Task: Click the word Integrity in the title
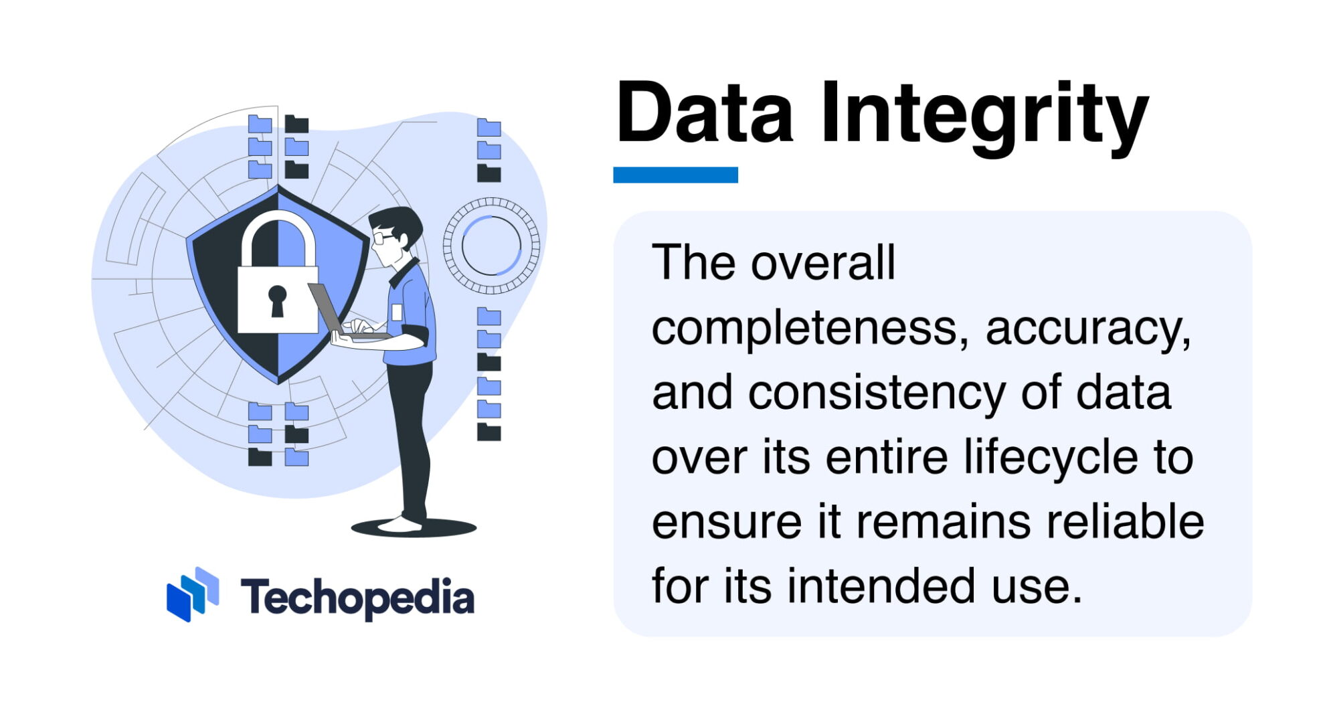coord(984,115)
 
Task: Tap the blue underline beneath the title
coord(675,175)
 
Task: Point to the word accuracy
coord(1088,329)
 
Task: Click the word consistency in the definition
coord(877,393)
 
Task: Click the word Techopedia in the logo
coord(357,598)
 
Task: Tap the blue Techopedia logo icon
coord(193,594)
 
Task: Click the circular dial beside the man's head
coord(491,246)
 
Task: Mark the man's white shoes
coord(400,525)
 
